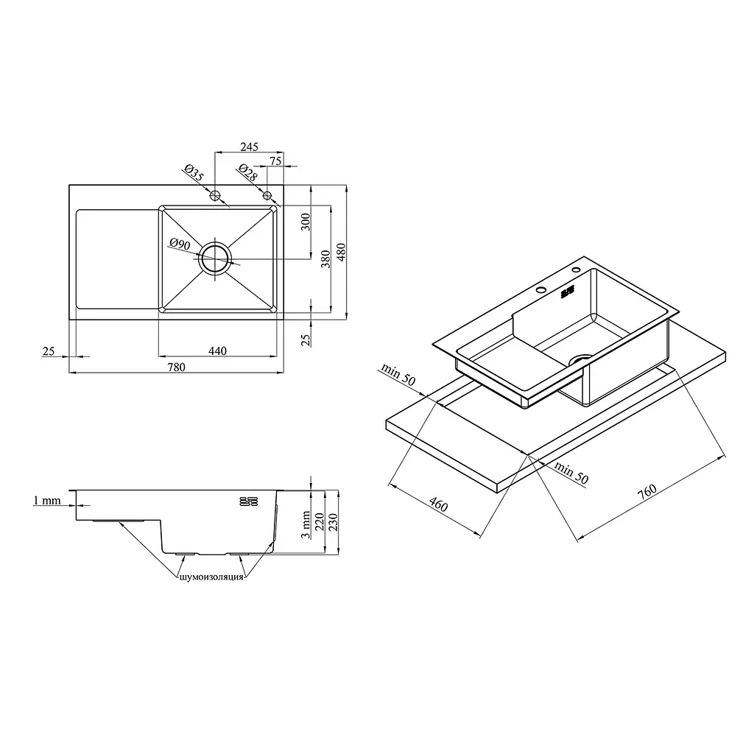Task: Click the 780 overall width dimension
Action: tap(176, 367)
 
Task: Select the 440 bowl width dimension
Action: tap(217, 351)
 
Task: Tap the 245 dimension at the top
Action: tap(249, 147)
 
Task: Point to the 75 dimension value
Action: tap(275, 161)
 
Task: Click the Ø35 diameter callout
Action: tap(194, 173)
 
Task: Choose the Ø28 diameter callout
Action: tap(247, 173)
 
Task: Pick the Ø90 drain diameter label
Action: tap(180, 244)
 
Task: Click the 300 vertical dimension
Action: tap(306, 222)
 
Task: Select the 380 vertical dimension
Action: tap(325, 259)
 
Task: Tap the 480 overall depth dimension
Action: tap(341, 252)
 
